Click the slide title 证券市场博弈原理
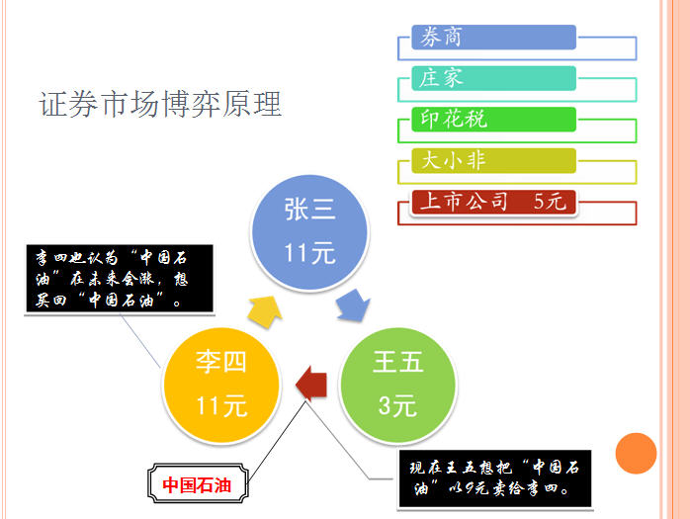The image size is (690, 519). (160, 105)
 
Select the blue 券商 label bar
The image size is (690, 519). (493, 37)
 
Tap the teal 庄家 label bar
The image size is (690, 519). (493, 78)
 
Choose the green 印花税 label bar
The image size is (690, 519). (493, 120)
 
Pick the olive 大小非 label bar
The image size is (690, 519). (493, 161)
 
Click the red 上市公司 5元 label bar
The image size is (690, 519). (493, 202)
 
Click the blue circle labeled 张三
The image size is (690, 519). (309, 233)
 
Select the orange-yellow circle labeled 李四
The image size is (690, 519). (221, 385)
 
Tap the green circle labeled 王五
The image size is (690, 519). (397, 385)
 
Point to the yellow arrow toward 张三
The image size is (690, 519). (265, 311)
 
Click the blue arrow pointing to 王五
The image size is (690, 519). (353, 305)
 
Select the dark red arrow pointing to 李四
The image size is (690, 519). (311, 384)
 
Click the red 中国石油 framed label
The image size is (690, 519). (198, 483)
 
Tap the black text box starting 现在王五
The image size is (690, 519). (495, 478)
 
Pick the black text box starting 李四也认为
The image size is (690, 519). (120, 279)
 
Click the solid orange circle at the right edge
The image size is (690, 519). (636, 454)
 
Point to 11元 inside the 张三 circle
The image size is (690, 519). (309, 253)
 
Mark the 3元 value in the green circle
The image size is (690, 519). (397, 405)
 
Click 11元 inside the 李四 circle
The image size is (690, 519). (221, 405)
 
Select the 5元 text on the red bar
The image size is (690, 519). (550, 202)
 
